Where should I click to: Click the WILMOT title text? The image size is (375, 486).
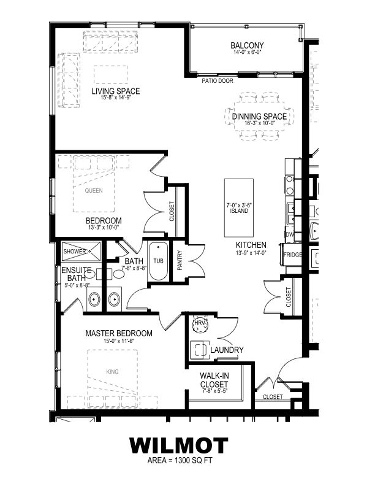click(179, 445)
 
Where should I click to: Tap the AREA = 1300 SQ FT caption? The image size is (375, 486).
click(179, 460)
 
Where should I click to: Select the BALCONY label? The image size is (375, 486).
click(247, 45)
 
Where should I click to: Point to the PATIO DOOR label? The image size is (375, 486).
click(216, 80)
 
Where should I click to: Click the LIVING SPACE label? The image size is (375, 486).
click(116, 91)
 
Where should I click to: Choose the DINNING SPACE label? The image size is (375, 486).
click(259, 116)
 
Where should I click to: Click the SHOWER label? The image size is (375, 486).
click(74, 251)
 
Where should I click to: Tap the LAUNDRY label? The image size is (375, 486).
click(227, 350)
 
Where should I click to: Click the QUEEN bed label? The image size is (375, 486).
click(94, 190)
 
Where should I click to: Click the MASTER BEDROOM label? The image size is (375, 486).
click(118, 333)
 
